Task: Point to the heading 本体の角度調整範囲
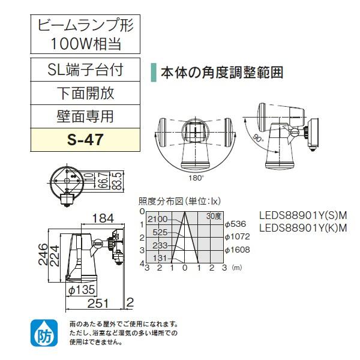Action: (x=221, y=73)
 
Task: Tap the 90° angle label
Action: (x=258, y=139)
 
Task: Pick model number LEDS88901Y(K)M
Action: (x=304, y=227)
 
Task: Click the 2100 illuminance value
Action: (x=157, y=219)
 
